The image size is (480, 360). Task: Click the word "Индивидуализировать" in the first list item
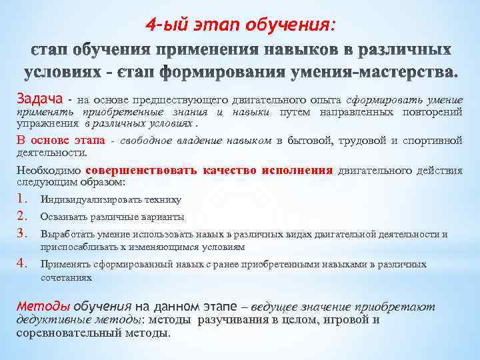pos(82,199)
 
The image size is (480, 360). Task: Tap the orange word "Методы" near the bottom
pos(43,307)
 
